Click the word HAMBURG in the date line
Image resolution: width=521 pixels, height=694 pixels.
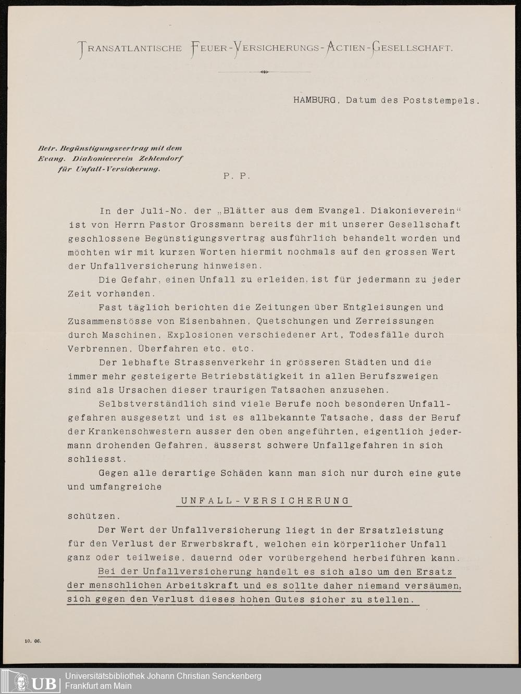pyautogui.click(x=314, y=100)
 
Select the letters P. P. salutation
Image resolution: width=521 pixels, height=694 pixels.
pyautogui.click(x=237, y=176)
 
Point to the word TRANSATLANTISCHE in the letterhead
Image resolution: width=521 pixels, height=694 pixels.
pyautogui.click(x=130, y=48)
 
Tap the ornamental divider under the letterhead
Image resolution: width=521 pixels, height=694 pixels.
pyautogui.click(x=264, y=72)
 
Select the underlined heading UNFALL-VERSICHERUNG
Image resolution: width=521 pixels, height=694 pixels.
pyautogui.click(x=264, y=501)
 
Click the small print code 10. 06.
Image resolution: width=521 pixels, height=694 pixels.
pyautogui.click(x=32, y=641)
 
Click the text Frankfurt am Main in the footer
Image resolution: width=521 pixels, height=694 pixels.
pyautogui.click(x=98, y=686)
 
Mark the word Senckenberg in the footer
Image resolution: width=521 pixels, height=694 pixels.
pyautogui.click(x=236, y=676)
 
